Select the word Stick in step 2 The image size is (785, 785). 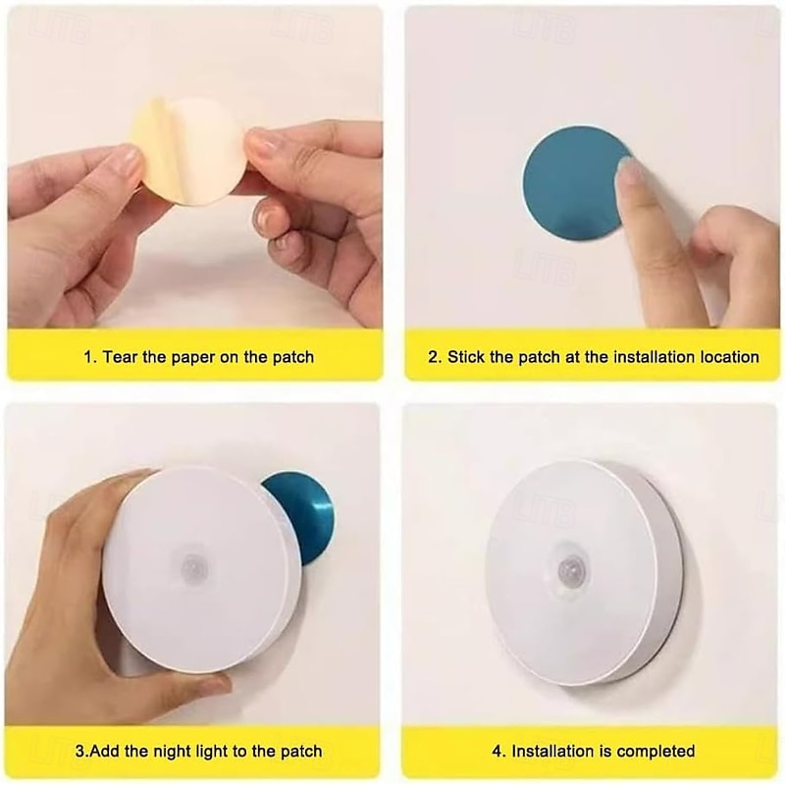tap(465, 357)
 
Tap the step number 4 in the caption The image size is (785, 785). tap(497, 752)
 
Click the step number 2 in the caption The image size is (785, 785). tap(434, 357)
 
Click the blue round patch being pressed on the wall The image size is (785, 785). tap(571, 183)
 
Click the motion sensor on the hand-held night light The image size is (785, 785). tap(194, 567)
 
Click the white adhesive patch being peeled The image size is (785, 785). tap(205, 150)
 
